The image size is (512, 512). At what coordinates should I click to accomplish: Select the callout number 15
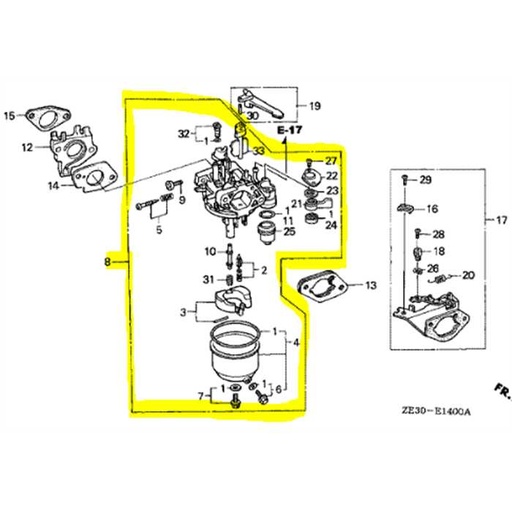[9, 116]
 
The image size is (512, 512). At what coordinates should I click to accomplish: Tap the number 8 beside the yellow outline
[107, 263]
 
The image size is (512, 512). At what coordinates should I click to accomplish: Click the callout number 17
[489, 220]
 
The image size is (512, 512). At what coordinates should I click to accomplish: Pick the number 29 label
[425, 180]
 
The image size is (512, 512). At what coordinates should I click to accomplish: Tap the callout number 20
[469, 275]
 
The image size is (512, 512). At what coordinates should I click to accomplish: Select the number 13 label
[370, 286]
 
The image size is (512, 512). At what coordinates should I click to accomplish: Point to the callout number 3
[183, 313]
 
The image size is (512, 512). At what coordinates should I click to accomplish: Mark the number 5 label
[157, 232]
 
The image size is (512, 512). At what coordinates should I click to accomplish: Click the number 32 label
[183, 133]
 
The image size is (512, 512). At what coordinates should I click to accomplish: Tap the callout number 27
[332, 161]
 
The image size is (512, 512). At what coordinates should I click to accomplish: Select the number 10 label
[209, 250]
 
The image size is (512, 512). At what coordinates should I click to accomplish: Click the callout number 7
[201, 397]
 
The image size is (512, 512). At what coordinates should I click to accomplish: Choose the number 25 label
[289, 232]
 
